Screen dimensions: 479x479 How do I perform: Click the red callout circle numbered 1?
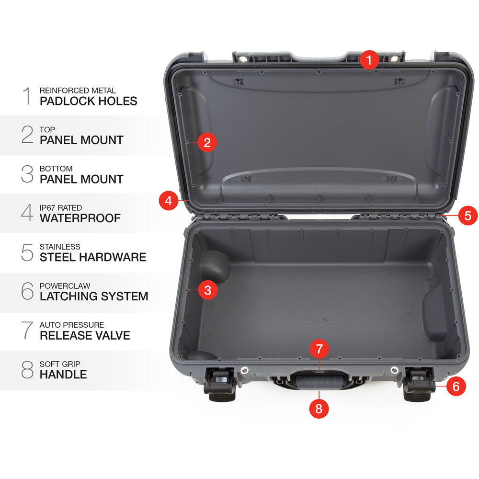coord(369,60)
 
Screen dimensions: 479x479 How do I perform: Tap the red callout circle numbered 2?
coord(207,142)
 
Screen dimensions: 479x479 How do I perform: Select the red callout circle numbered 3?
coord(208,290)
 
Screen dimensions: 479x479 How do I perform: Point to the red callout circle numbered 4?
coord(168,201)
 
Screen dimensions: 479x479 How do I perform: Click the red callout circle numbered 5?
coord(468,216)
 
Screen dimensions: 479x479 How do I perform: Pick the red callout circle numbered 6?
coord(456,386)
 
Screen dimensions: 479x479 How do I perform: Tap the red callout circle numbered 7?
coord(319,349)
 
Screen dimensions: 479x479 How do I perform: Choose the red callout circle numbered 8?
coord(319,409)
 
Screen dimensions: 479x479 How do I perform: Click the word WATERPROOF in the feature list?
coord(80,218)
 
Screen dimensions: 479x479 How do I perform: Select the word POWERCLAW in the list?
coord(65,286)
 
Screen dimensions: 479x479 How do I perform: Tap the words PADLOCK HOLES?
coord(88,101)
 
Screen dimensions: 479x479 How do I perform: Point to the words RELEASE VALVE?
coord(85,335)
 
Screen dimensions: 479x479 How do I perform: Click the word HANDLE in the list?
coord(63,375)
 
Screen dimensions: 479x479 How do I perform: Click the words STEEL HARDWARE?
coord(93,257)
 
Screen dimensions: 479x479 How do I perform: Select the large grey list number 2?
coord(27,135)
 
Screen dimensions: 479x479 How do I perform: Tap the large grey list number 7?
coord(27,330)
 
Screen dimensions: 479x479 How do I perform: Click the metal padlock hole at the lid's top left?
coord(243,59)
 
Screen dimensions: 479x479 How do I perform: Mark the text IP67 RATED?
coord(61,208)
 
